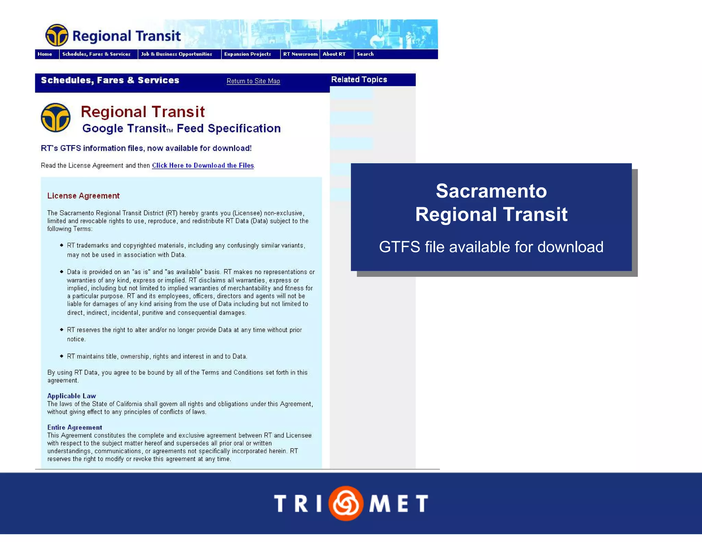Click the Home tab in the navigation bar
click(x=45, y=54)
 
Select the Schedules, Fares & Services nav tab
click(x=96, y=54)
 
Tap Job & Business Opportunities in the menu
click(x=177, y=54)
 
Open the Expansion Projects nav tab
click(x=247, y=54)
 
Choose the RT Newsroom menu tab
click(x=300, y=54)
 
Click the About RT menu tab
click(x=334, y=54)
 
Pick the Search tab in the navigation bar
click(x=365, y=54)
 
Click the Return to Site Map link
click(x=253, y=81)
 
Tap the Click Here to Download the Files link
click(x=203, y=165)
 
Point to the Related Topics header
click(x=359, y=79)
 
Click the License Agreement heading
click(x=83, y=196)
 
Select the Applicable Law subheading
click(x=72, y=396)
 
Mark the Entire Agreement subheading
click(x=75, y=427)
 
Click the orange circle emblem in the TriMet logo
click(x=346, y=503)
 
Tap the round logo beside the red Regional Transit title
click(x=56, y=118)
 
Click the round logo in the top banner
click(x=57, y=35)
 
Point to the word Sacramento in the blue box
click(x=491, y=191)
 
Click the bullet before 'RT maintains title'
click(x=62, y=356)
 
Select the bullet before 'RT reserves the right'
click(x=62, y=330)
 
